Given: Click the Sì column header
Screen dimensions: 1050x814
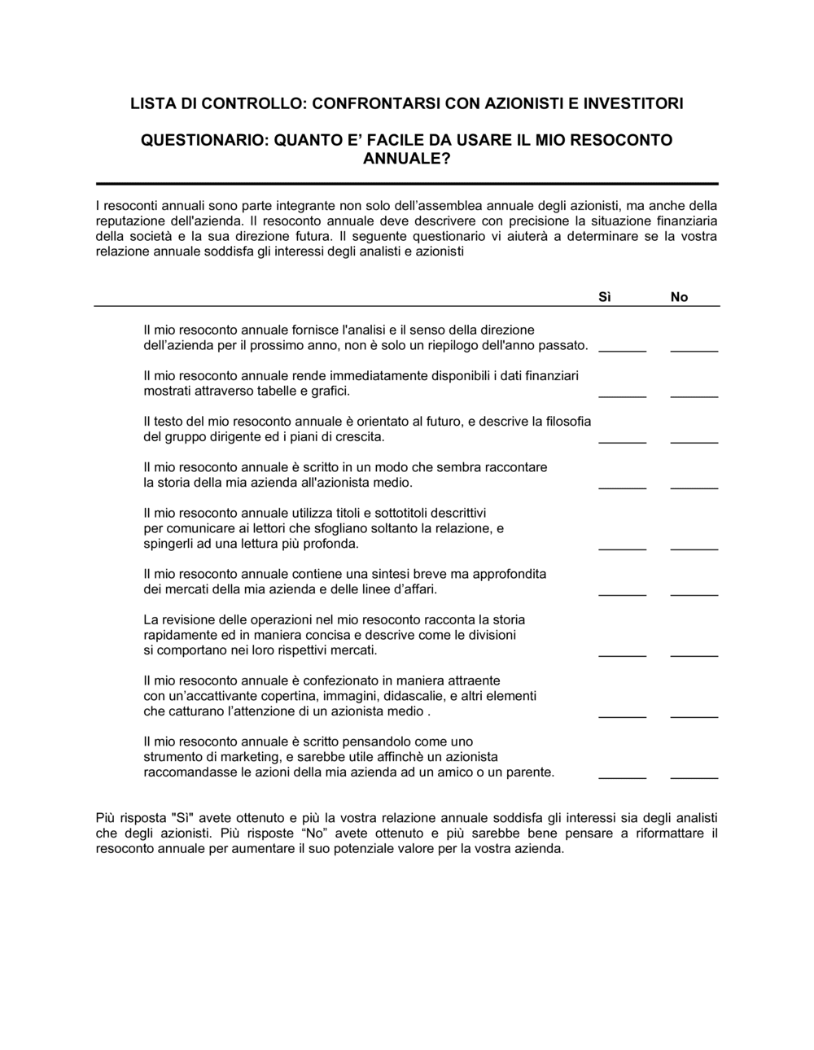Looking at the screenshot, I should click(x=605, y=297).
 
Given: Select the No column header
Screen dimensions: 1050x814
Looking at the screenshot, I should click(x=680, y=297).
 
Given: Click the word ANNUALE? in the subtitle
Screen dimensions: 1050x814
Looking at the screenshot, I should click(x=406, y=159).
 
